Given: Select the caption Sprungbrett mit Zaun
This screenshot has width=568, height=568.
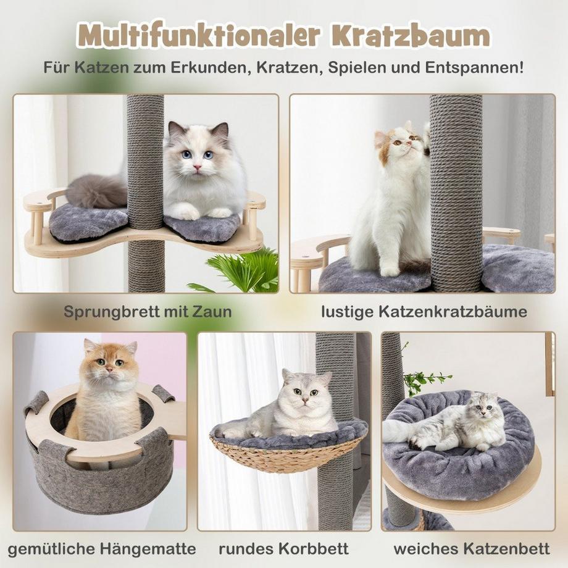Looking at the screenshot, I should point(148,311).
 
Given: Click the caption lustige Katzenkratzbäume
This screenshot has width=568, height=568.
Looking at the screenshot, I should point(424,311).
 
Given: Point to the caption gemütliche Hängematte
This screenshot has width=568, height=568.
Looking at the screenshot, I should point(102,548).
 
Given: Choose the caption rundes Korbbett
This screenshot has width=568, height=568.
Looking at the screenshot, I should point(283,548).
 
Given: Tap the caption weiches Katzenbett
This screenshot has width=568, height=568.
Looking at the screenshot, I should point(472,548).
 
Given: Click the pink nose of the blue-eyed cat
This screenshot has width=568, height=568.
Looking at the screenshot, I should point(197,167).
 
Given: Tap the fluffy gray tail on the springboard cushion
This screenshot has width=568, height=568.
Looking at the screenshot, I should point(96,191).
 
